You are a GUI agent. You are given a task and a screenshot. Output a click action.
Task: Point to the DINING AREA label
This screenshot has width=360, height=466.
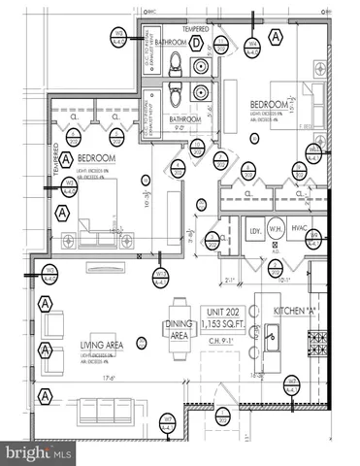(x=180, y=329)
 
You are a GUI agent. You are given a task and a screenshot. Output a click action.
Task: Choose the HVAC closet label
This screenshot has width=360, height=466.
(x=300, y=231)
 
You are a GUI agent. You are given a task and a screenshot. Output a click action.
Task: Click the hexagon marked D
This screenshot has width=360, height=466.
(x=197, y=43)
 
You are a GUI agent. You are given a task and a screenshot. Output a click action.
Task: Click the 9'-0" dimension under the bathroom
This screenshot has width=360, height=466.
(x=178, y=126)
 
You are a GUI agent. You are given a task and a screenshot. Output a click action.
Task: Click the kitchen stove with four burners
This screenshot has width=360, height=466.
(x=316, y=342)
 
